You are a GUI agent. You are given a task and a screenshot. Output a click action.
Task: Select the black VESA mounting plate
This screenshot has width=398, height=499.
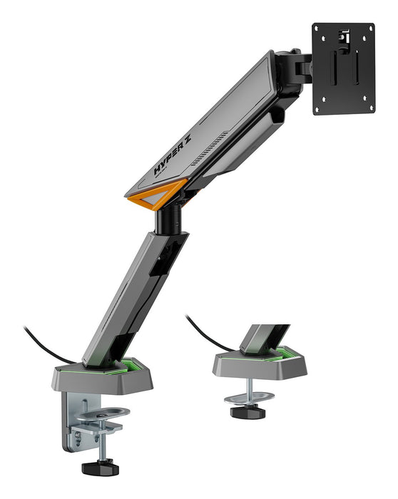click(345, 68)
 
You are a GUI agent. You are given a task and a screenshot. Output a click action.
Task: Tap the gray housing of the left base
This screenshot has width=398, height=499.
click(100, 378)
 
